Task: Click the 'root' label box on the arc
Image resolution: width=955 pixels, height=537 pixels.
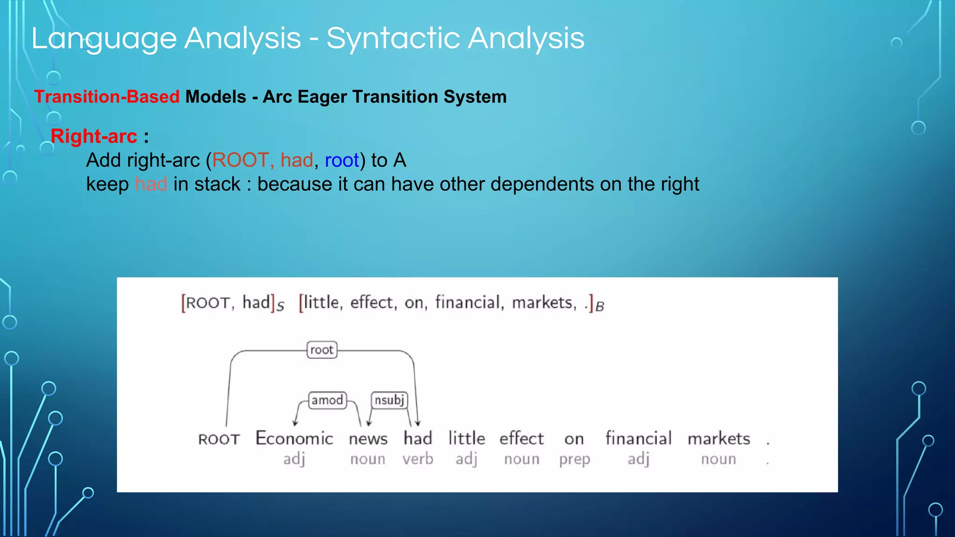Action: click(322, 350)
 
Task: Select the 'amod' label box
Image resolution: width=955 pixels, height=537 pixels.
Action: click(327, 400)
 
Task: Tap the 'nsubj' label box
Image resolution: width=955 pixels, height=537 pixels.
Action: click(389, 400)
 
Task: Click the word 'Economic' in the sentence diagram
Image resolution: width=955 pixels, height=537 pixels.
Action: click(294, 439)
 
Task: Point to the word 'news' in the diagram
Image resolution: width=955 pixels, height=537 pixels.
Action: click(368, 439)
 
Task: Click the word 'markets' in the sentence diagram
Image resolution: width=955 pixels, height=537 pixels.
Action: click(719, 439)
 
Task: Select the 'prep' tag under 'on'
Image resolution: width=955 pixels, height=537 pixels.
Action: click(574, 460)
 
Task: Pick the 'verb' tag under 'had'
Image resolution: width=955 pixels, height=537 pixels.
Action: click(418, 459)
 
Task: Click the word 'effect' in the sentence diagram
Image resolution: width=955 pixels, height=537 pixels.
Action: click(521, 439)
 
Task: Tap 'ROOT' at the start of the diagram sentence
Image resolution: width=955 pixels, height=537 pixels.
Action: click(219, 440)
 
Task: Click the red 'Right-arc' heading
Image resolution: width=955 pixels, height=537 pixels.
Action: click(94, 137)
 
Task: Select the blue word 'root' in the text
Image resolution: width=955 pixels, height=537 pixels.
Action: click(342, 160)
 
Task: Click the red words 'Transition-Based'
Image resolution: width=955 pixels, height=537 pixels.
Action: click(107, 97)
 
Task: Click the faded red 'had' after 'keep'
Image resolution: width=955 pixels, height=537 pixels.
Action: click(151, 184)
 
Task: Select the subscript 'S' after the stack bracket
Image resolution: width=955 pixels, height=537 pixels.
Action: click(280, 307)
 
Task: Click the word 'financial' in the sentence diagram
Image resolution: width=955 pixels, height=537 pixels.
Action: click(638, 439)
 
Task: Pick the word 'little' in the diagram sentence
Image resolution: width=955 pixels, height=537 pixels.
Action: click(466, 439)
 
